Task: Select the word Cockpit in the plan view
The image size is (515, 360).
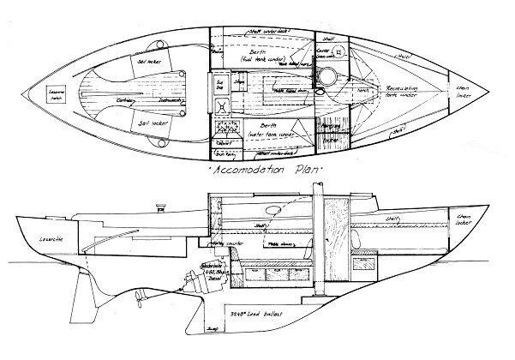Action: pos(126,100)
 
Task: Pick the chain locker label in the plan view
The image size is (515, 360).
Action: pos(464,88)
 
